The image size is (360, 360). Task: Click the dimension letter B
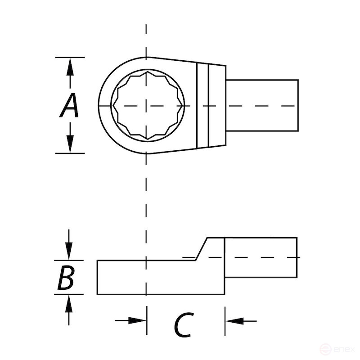66,279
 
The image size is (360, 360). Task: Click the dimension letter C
184,325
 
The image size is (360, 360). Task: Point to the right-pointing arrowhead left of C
138,320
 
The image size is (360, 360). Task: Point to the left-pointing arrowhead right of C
234,320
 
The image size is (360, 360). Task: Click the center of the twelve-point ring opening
146,106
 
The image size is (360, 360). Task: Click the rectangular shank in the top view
261,106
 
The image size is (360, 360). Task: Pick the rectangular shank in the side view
261,256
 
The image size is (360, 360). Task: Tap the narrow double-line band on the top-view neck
203,106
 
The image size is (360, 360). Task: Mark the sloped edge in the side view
201,248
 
